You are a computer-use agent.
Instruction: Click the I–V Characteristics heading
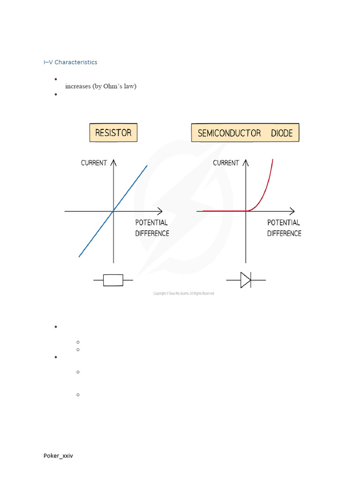point(70,62)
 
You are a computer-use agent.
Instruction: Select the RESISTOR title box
point(113,133)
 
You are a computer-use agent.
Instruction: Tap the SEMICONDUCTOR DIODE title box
point(245,133)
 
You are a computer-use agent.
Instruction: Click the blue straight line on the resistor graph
point(131,186)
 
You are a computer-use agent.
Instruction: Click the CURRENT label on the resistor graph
point(94,163)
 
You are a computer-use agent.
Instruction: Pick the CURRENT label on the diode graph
point(226,163)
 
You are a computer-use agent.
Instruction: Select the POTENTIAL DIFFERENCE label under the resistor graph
point(152,228)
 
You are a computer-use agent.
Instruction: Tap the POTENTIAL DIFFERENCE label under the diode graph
point(284,228)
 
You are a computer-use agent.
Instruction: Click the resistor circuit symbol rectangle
point(113,280)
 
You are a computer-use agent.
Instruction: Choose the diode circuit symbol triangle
point(245,280)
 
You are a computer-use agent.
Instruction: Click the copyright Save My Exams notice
point(183,293)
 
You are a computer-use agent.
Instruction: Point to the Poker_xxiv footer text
point(58,456)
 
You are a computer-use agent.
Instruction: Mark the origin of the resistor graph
point(113,211)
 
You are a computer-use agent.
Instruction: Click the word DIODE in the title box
point(281,133)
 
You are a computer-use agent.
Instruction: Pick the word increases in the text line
point(78,86)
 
